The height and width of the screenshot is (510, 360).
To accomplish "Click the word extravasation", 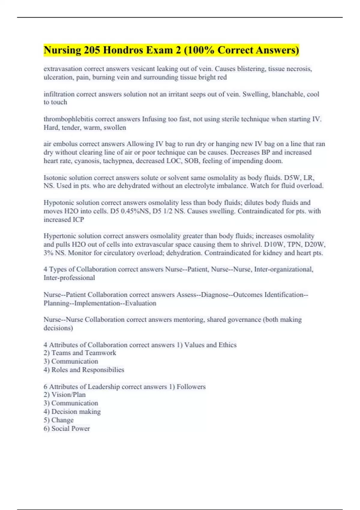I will (x=63, y=69).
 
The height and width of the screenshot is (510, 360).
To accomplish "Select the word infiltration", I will (x=59, y=94).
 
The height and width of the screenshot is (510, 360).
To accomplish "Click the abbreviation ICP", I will (x=78, y=220).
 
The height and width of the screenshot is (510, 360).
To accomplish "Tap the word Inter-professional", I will (x=69, y=278).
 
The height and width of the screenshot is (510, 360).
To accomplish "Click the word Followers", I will (x=191, y=387).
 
